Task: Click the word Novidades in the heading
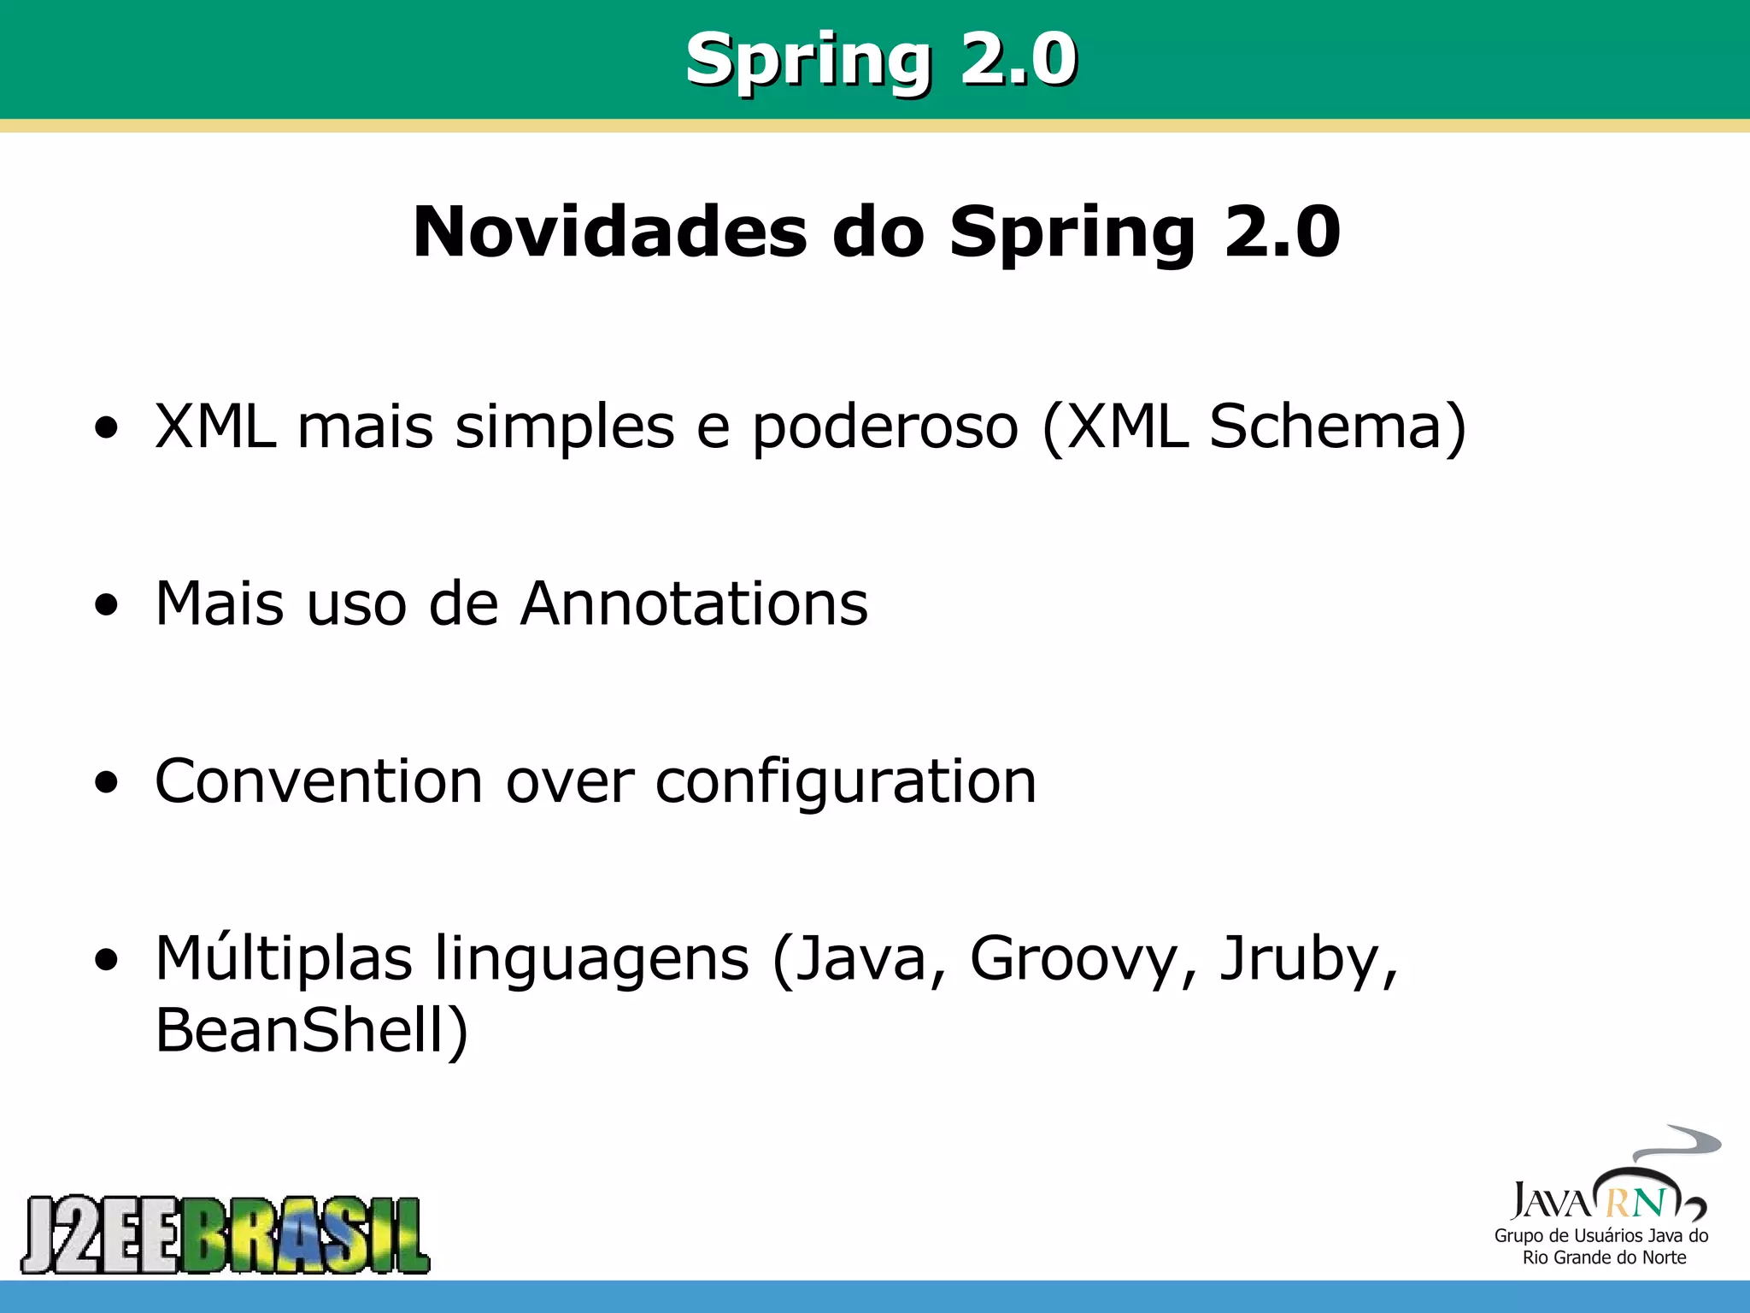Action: click(x=609, y=232)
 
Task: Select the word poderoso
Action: click(x=885, y=427)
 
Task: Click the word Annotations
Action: click(x=694, y=604)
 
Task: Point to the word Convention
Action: click(x=319, y=780)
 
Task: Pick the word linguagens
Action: click(x=592, y=960)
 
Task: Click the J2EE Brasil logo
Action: click(x=226, y=1234)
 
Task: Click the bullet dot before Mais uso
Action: click(x=107, y=605)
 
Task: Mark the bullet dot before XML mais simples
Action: click(x=107, y=427)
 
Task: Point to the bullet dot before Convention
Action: click(x=107, y=782)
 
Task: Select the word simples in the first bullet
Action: click(x=565, y=427)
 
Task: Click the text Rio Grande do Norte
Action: click(x=1604, y=1257)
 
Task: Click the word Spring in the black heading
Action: click(x=1072, y=232)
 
